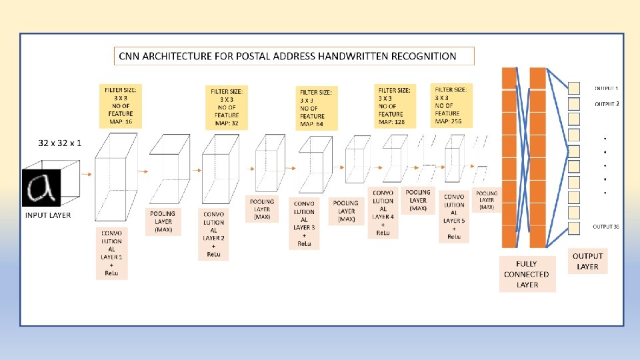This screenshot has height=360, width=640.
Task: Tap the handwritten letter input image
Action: click(x=41, y=187)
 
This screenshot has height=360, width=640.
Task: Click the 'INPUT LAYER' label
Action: click(x=48, y=215)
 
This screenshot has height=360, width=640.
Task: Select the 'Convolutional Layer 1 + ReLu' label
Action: click(x=112, y=253)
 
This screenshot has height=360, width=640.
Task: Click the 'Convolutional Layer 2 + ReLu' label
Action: click(x=213, y=233)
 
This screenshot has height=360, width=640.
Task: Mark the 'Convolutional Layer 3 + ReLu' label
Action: click(x=304, y=223)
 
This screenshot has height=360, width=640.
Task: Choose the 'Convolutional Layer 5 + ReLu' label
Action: click(x=454, y=217)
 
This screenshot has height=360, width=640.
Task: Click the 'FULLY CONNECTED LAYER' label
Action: click(x=526, y=274)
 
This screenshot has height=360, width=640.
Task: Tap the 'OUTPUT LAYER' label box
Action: click(x=587, y=261)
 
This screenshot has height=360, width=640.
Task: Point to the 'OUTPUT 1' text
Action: click(x=606, y=88)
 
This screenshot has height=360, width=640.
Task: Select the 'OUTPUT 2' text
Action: click(x=607, y=104)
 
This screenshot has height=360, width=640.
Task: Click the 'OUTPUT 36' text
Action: click(x=606, y=227)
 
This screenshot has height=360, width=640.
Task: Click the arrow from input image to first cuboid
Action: click(x=85, y=173)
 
